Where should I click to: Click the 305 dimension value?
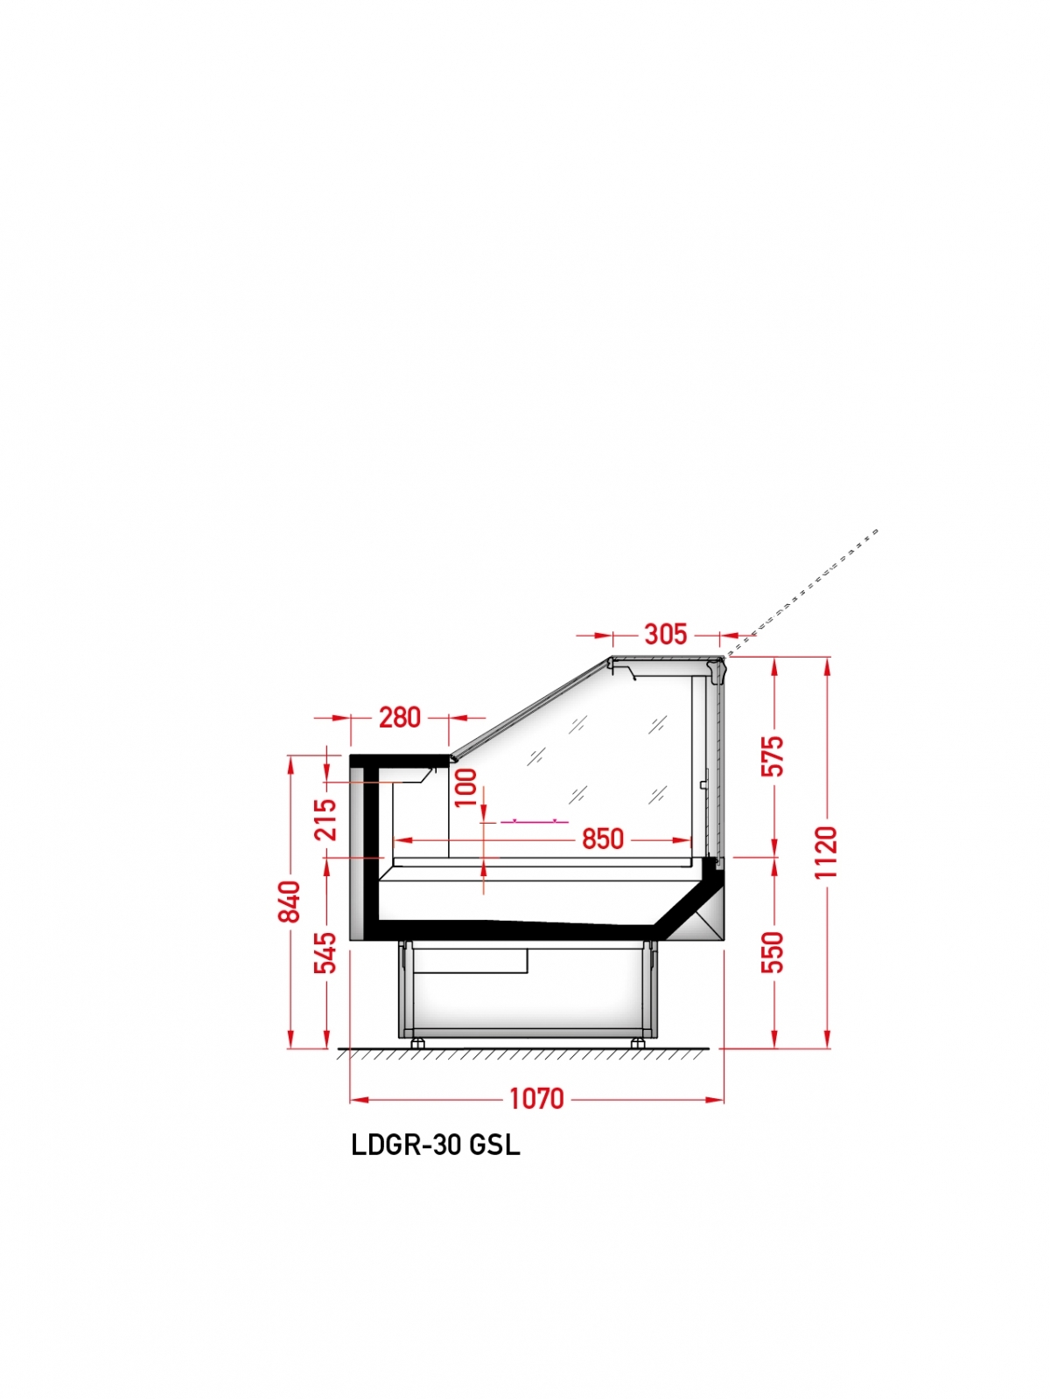(x=665, y=634)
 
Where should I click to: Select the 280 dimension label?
(x=400, y=718)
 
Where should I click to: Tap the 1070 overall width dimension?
(x=536, y=1098)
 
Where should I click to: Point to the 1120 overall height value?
(x=826, y=853)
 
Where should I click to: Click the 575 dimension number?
(x=773, y=756)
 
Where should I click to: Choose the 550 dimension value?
(x=773, y=952)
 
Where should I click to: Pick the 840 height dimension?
(x=290, y=901)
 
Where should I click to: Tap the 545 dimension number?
(x=325, y=952)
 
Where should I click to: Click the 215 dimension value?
(x=325, y=819)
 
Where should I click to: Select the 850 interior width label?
(x=603, y=839)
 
